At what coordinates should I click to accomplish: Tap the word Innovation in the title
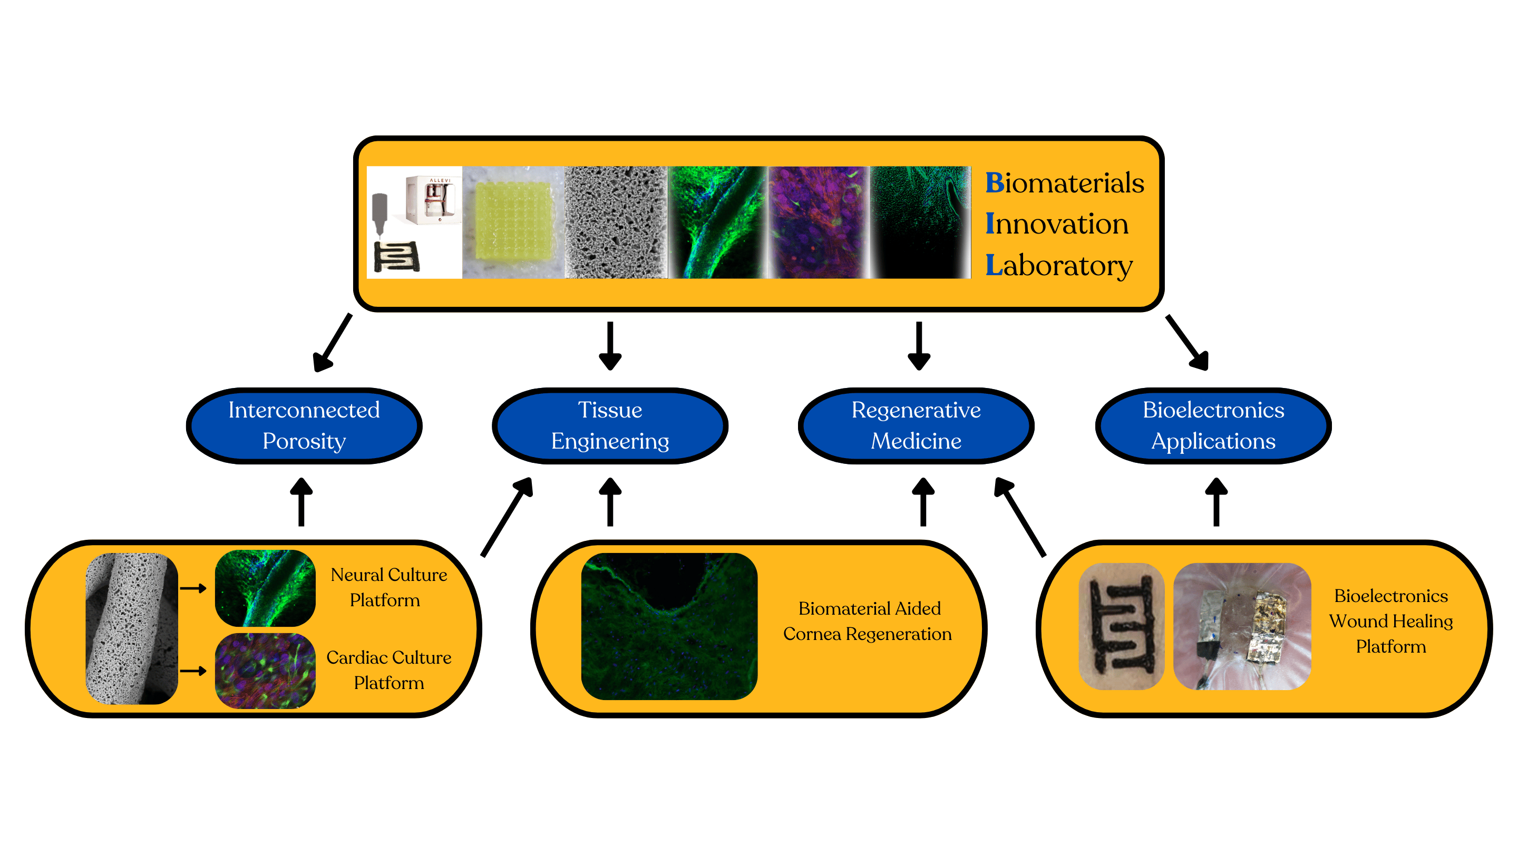click(1057, 224)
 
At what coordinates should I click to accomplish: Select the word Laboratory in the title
click(1059, 265)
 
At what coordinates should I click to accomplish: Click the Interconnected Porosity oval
click(304, 425)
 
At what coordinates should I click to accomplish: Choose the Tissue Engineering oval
click(610, 425)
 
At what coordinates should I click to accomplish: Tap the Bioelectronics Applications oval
click(1213, 425)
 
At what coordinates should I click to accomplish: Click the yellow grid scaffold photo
click(513, 222)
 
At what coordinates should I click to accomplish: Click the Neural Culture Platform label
click(388, 588)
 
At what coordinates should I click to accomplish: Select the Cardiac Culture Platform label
click(389, 670)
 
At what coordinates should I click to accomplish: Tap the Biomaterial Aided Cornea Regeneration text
click(868, 621)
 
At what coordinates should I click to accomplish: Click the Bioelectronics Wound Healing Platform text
click(1391, 621)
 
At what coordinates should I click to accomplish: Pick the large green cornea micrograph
click(669, 626)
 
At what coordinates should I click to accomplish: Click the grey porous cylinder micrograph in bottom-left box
click(131, 628)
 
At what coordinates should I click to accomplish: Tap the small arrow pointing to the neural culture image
click(193, 588)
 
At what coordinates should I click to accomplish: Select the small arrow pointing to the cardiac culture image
click(193, 671)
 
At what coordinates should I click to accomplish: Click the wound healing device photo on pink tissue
click(1242, 626)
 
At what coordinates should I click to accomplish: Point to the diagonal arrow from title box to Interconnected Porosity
click(333, 343)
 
